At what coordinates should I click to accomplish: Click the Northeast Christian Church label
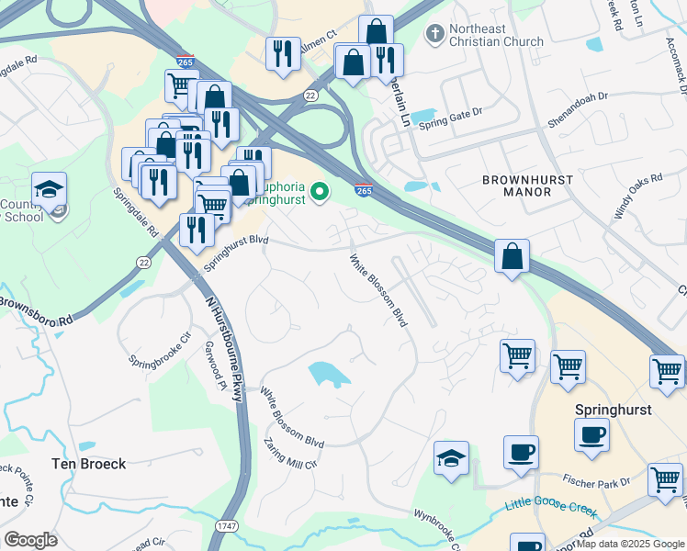pos(496,35)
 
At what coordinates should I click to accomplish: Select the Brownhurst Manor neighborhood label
pos(529,186)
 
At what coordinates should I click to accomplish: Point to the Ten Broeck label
pos(88,464)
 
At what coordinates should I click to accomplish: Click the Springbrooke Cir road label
pos(158,347)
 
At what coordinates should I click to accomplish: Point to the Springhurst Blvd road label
pos(235,253)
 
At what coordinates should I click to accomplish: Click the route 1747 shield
pos(226,525)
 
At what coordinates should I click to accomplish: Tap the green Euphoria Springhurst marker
pos(320,192)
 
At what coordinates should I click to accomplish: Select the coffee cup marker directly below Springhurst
pos(592,434)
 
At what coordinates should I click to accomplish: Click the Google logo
pos(30,539)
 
